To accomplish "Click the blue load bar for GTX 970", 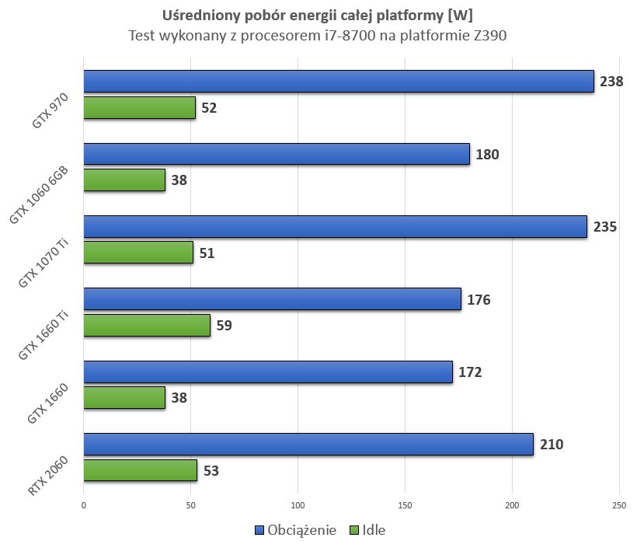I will (x=338, y=82).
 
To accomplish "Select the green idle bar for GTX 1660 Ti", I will (x=147, y=325).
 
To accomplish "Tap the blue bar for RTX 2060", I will (x=308, y=445).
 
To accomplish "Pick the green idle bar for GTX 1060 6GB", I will (x=124, y=180).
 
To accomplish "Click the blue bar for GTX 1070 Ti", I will (x=335, y=227).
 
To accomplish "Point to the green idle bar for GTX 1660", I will (x=124, y=398).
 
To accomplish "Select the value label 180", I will (x=487, y=154).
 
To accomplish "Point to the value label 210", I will (x=551, y=445).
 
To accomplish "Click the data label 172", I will (x=470, y=372).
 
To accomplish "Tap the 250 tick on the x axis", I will (x=619, y=504).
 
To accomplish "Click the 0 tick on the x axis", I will (x=83, y=504).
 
